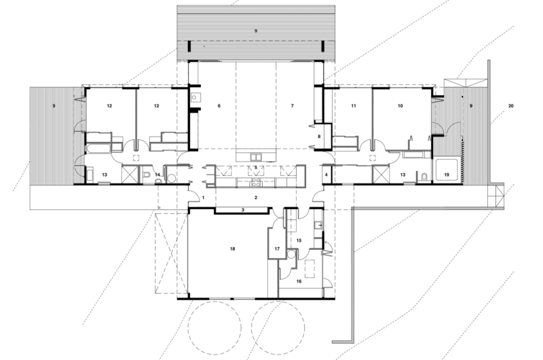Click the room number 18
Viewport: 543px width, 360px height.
[x=232, y=250]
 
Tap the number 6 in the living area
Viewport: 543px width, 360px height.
[x=219, y=107]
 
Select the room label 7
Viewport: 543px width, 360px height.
[x=293, y=107]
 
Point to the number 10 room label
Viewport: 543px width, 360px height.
[x=400, y=107]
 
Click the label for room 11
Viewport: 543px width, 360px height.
[x=354, y=107]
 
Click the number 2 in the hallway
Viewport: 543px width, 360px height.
[x=255, y=197]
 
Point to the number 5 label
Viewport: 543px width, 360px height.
[x=255, y=167]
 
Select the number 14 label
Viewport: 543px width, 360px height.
[x=157, y=175]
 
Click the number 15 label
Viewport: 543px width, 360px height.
[x=299, y=240]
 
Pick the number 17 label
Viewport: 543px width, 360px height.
[x=277, y=250]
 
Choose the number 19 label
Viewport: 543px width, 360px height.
[x=446, y=175]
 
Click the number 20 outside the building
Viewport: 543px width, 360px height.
[x=510, y=107]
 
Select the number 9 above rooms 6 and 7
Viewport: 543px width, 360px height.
[x=256, y=31]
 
